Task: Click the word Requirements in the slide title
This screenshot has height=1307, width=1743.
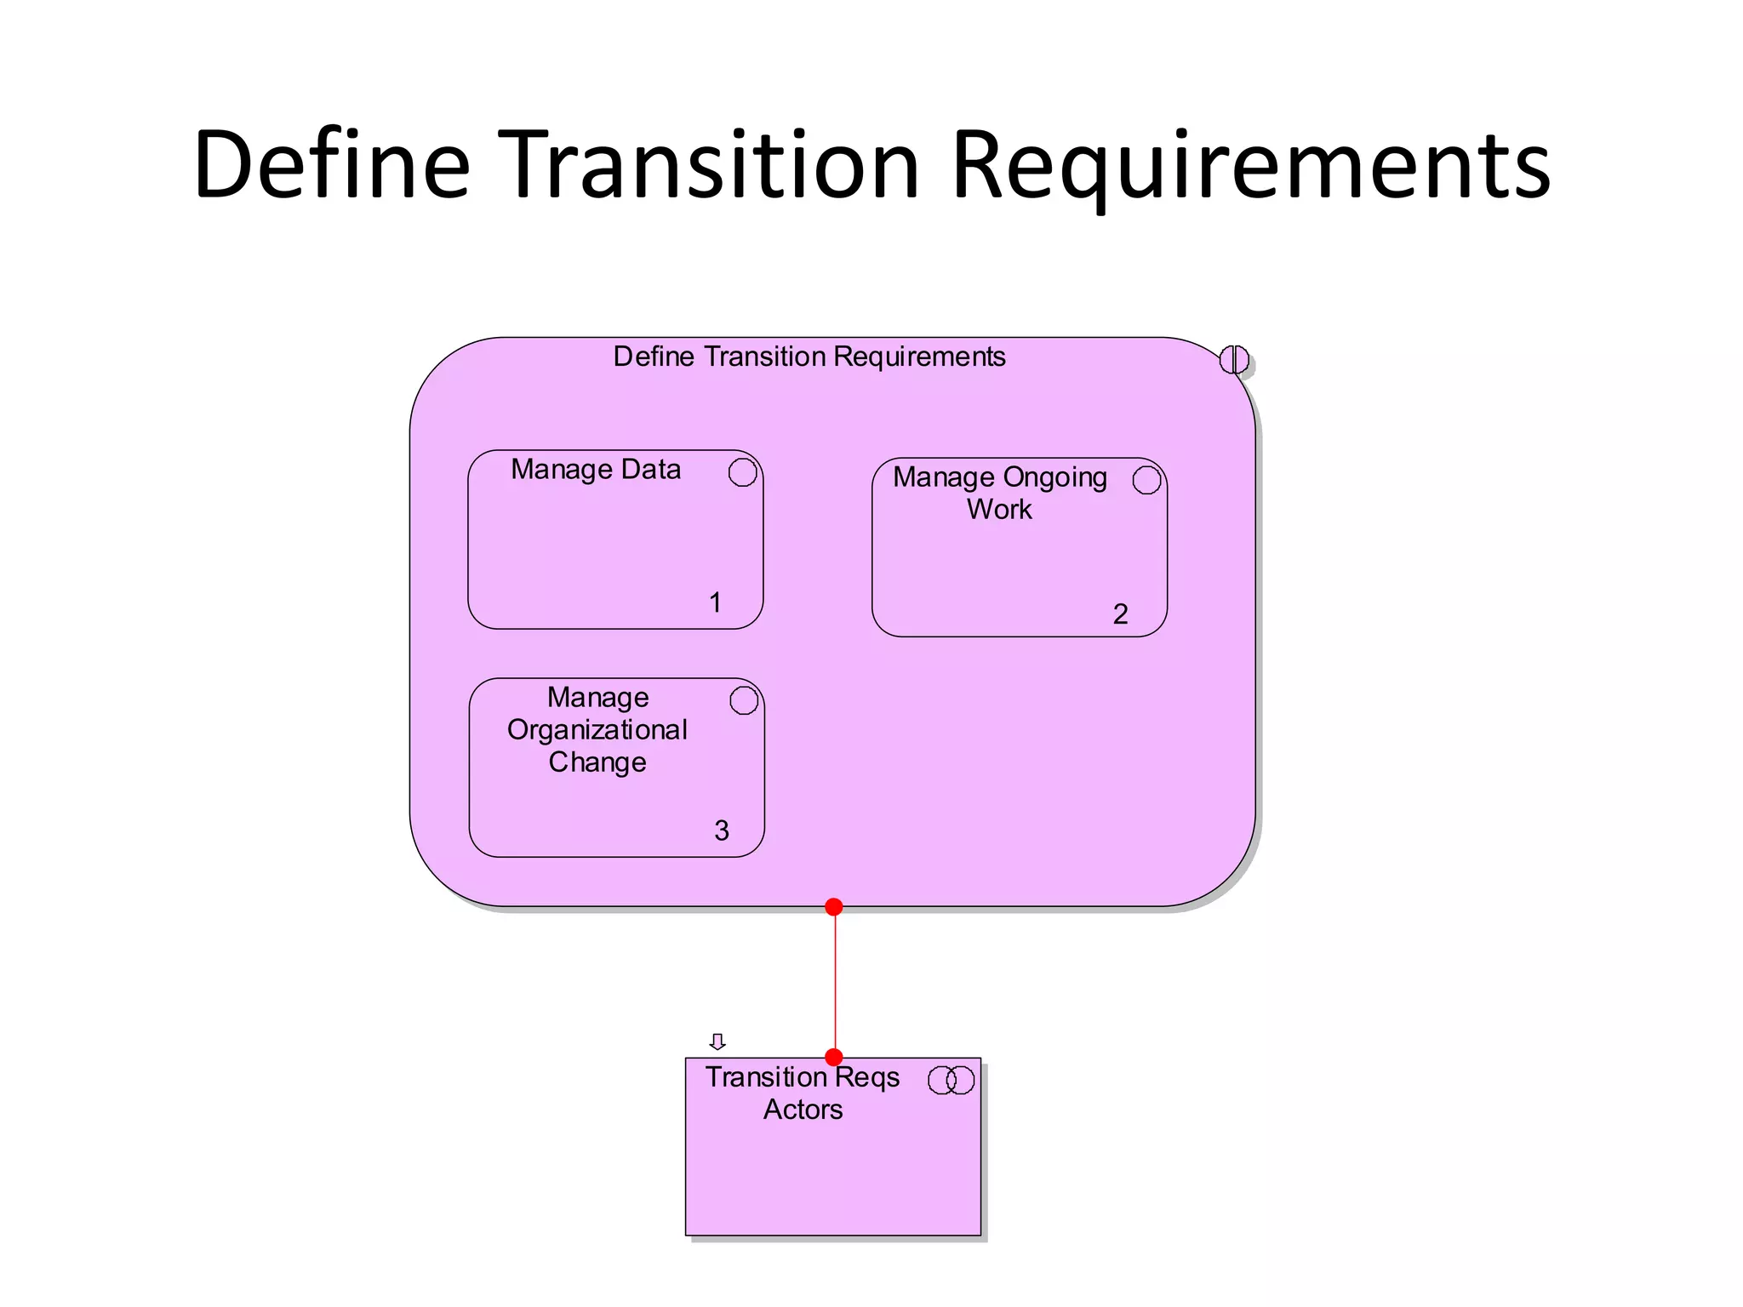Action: coord(1251,167)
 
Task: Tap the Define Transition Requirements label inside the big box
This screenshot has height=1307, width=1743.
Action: coord(809,357)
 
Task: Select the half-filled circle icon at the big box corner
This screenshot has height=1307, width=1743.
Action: coord(1233,360)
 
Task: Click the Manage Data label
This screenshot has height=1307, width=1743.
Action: coord(596,470)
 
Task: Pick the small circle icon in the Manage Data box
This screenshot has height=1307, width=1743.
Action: coord(742,472)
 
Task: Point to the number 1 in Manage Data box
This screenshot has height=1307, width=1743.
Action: coord(715,602)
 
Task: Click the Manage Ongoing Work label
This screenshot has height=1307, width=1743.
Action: coord(999,493)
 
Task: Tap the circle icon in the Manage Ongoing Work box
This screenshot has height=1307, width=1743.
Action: coord(1146,480)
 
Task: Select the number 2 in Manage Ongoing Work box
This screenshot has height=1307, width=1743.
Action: coord(1120,614)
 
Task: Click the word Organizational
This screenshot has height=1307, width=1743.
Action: coord(597,730)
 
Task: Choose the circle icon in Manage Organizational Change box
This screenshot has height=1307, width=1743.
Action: coord(744,700)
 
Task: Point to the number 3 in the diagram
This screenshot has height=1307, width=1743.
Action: coord(721,830)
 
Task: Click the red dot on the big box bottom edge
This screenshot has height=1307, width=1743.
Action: coord(834,907)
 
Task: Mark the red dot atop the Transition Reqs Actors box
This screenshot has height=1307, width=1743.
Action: coord(834,1058)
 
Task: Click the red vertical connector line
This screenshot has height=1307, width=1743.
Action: coord(835,983)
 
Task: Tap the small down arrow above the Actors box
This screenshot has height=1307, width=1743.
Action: coord(717,1042)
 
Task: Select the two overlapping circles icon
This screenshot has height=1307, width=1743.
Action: coord(951,1080)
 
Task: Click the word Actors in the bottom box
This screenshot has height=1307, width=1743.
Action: coord(803,1110)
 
